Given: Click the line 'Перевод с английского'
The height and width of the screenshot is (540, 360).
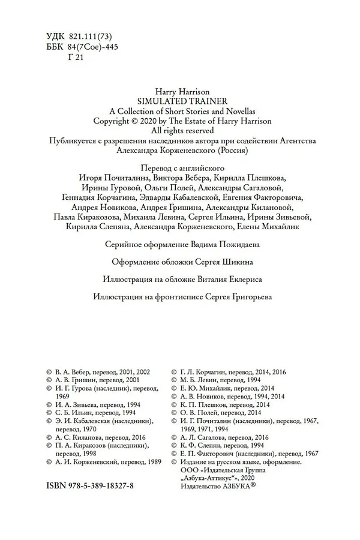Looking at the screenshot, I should click(x=180, y=169).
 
